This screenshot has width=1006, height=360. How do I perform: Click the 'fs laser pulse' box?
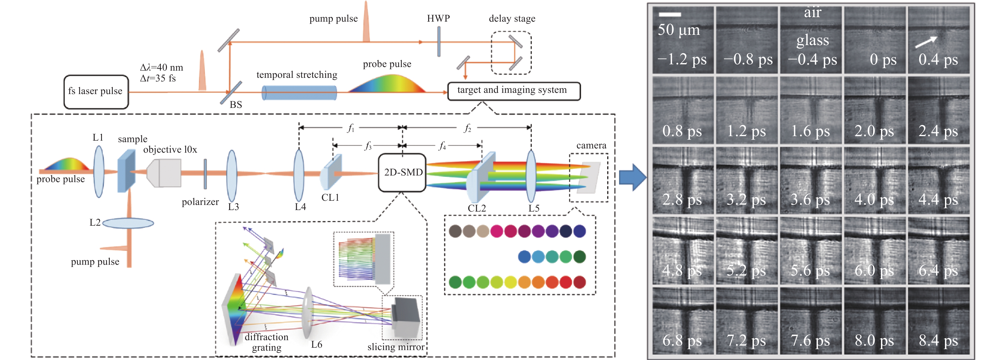tap(96, 92)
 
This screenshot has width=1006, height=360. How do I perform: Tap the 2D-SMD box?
tap(402, 172)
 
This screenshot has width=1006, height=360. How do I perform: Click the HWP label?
tap(438, 18)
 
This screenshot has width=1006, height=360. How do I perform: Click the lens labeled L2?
tap(128, 223)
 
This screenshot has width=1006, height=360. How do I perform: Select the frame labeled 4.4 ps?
tap(938, 180)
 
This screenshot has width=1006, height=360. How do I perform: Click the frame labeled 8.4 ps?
tap(938, 321)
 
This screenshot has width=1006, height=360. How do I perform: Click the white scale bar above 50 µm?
tap(670, 14)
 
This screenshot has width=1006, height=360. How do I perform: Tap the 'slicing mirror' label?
tap(396, 347)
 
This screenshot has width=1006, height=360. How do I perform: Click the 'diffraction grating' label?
tap(266, 342)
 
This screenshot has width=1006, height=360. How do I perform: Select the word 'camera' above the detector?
tap(591, 146)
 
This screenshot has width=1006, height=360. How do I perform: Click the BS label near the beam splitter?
tap(236, 105)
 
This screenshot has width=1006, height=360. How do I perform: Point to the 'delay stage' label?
tap(512, 19)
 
